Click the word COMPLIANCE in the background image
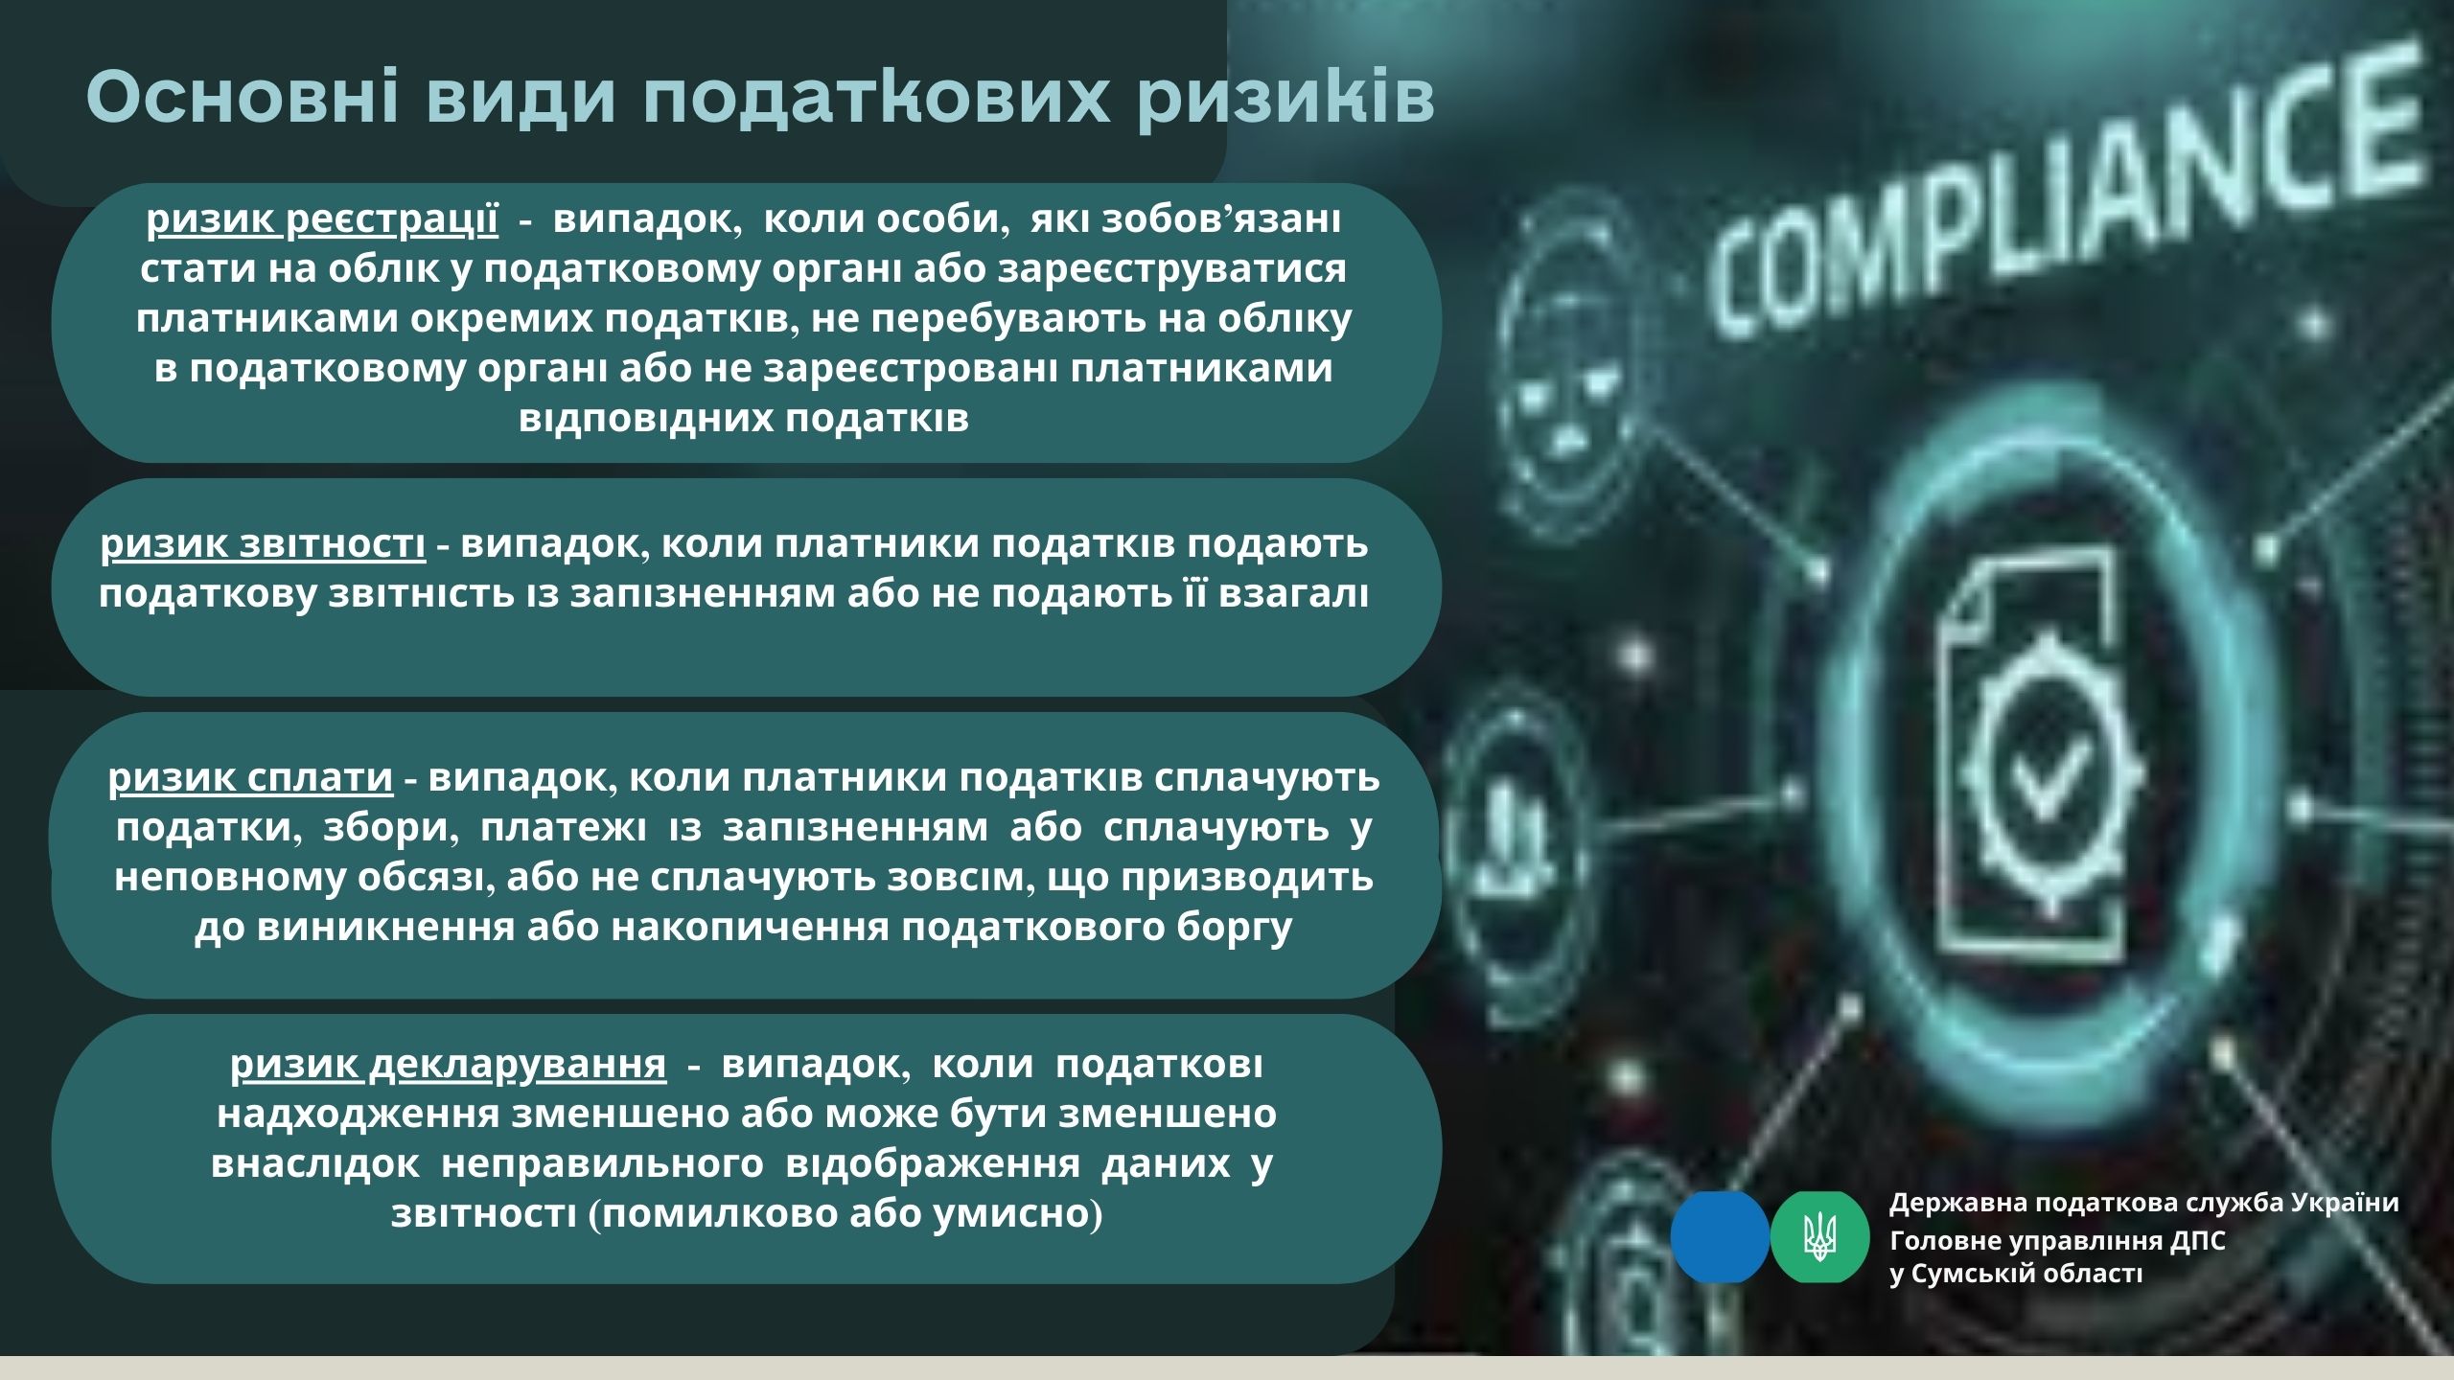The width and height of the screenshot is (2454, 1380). pos(2071,192)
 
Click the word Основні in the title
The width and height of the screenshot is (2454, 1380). pos(243,97)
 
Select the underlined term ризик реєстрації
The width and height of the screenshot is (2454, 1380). pos(322,220)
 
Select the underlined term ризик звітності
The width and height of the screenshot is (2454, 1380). pos(263,544)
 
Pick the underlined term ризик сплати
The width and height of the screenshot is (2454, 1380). pos(250,778)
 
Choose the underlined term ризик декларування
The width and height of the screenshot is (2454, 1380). pos(448,1065)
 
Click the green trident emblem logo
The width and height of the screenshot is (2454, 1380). pos(1819,1237)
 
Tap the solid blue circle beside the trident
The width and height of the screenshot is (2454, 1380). pos(1720,1237)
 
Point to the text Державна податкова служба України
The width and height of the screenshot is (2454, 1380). pos(2143,1203)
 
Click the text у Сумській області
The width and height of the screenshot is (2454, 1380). pos(2016,1274)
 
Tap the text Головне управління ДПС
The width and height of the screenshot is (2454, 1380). pos(2057,1241)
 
